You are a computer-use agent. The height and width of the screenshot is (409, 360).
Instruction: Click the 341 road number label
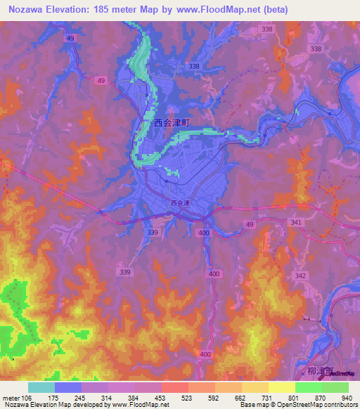[296, 222]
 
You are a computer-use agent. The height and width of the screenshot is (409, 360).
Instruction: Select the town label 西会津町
[172, 122]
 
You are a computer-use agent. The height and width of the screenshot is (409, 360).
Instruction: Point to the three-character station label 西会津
[180, 203]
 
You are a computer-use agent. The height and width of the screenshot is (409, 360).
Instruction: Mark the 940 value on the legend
[345, 396]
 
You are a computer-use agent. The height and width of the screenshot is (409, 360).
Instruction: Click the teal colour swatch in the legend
[41, 387]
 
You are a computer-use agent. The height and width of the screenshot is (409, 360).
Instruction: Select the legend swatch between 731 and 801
[281, 387]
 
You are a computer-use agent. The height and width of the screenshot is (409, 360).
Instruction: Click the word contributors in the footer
[338, 405]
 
